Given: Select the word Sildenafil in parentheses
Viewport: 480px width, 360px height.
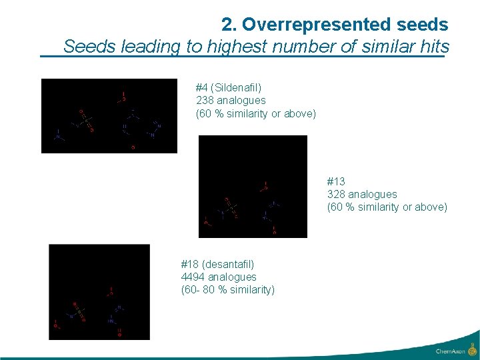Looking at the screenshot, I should point(237,87).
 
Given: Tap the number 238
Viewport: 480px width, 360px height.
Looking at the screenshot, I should point(205,101).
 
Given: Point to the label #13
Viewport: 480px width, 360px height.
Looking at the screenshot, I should point(336,181).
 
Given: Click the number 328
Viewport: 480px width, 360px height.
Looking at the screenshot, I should point(336,194).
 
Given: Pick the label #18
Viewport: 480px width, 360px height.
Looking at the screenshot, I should point(190,264).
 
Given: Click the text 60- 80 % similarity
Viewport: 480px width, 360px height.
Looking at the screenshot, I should point(227,289).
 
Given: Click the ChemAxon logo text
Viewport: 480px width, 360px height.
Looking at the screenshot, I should point(451,351).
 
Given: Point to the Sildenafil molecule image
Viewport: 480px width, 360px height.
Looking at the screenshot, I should point(109,116).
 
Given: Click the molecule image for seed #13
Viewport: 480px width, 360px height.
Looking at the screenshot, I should point(253,187).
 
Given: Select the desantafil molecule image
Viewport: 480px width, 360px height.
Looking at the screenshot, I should point(99,292).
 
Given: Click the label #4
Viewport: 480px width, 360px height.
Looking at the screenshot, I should point(201,87).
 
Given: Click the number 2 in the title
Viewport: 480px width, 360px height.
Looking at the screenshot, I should point(229,25).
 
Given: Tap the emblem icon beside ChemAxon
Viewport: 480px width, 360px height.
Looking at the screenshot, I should point(472,349).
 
